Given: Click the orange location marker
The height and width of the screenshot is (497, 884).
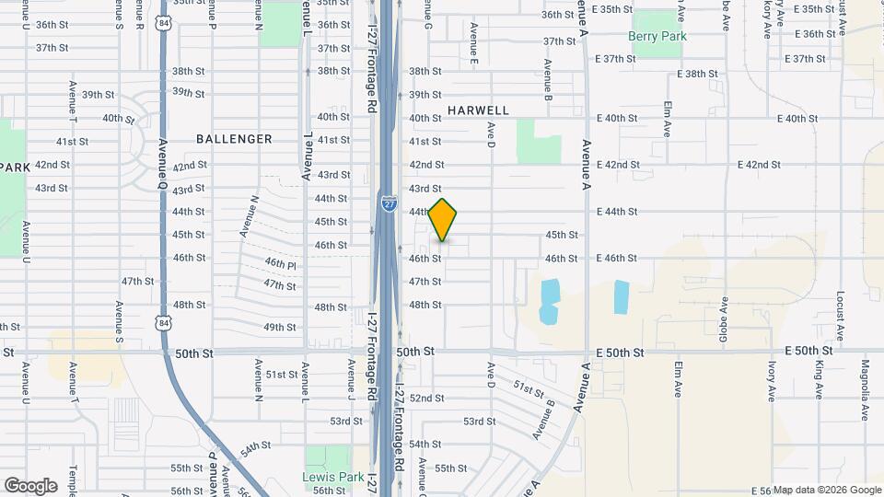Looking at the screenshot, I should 443,220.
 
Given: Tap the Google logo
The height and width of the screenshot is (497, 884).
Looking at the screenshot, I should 30,485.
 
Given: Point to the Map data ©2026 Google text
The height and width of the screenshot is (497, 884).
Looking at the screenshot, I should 827,490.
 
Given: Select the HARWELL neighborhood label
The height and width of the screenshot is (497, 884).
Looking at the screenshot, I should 478,110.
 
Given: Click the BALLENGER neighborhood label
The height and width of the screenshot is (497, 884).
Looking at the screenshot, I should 234,139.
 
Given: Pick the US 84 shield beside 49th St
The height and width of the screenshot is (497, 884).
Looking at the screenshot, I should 164,321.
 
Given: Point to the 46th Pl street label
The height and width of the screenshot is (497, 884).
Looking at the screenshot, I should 280,263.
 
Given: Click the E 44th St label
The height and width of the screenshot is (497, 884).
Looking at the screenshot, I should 617,212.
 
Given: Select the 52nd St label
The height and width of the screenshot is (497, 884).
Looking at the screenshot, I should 427,399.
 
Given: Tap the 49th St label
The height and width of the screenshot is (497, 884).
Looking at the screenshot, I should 279,327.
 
